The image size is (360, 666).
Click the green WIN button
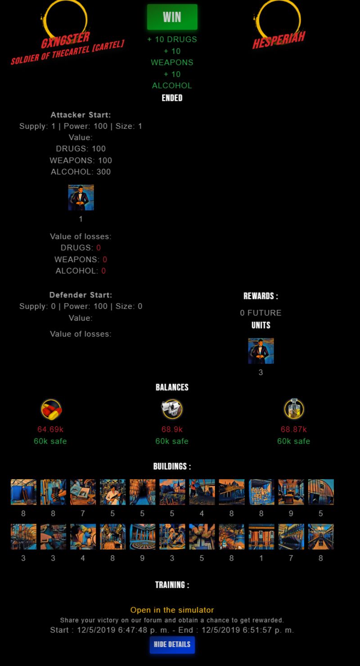[172, 17]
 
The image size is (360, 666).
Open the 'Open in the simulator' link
[172, 610]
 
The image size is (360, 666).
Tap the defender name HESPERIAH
[278, 40]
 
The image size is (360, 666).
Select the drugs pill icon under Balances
[51, 409]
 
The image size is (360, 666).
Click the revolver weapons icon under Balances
[172, 409]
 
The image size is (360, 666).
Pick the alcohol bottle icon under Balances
[294, 409]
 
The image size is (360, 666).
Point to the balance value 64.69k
[50, 430]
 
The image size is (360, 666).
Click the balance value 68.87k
[293, 430]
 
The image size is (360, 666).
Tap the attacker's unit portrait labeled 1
[81, 198]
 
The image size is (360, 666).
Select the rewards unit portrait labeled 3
[261, 351]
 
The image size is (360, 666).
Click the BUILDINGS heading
[172, 467]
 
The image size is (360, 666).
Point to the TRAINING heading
[172, 585]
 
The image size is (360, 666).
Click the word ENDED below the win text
[172, 98]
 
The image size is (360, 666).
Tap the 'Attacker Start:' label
[81, 115]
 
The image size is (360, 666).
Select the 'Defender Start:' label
[81, 295]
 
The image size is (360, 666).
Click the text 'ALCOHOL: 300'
[81, 172]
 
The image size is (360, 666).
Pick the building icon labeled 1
[261, 537]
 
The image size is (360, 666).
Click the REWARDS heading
[261, 296]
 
